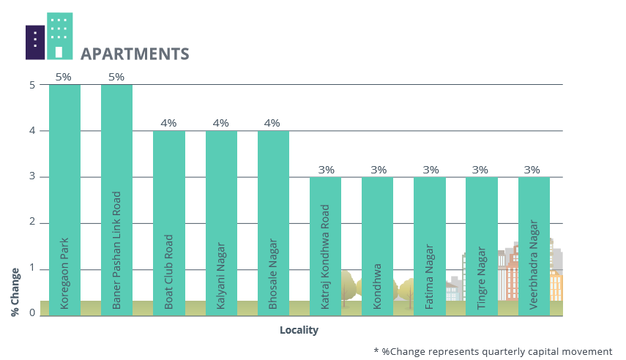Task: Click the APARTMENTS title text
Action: point(135,53)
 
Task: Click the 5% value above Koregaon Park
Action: point(64,77)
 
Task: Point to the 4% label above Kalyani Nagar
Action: point(221,123)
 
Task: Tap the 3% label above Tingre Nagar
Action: point(480,169)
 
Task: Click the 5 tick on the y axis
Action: point(32,85)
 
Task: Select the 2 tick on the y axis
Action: point(32,223)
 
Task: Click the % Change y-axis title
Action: point(15,291)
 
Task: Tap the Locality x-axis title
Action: point(299,330)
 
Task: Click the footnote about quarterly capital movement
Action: point(492,351)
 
